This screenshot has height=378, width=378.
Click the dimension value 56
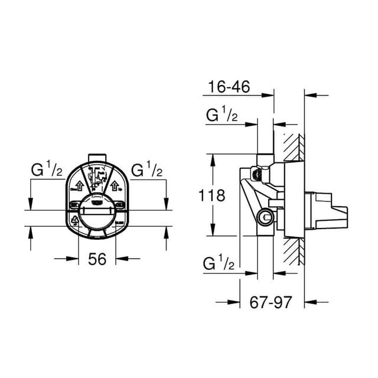(97, 259)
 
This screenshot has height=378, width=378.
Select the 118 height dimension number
(213, 195)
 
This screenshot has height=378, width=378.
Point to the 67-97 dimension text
(271, 302)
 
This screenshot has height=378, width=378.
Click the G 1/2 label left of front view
(47, 171)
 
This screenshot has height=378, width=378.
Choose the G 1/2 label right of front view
(146, 171)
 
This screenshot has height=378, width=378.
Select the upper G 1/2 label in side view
(221, 116)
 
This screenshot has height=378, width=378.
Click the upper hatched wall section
(293, 148)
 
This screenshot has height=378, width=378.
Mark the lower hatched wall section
(293, 248)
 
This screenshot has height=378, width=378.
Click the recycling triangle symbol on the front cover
(75, 221)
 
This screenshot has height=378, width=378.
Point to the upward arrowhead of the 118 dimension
(211, 158)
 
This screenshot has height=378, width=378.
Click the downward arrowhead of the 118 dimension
(211, 233)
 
